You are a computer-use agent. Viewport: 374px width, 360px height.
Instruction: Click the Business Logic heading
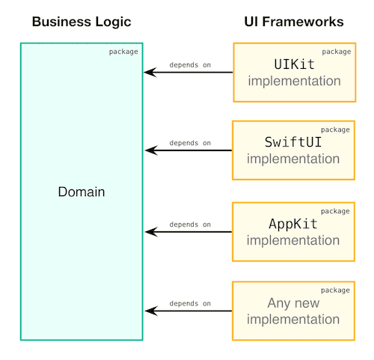click(81, 22)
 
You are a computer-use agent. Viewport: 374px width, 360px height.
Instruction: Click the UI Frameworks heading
click(294, 22)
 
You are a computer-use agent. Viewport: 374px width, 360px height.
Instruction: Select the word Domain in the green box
click(81, 192)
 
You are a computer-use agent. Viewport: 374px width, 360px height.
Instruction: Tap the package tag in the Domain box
click(123, 52)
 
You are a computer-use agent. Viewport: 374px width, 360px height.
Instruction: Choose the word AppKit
click(294, 224)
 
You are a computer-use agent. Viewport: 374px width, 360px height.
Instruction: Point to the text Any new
click(294, 304)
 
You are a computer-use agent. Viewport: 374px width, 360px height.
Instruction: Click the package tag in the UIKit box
click(336, 52)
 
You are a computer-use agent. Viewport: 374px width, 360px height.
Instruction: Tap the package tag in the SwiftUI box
click(336, 129)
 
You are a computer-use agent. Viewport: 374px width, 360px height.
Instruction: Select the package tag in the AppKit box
click(336, 210)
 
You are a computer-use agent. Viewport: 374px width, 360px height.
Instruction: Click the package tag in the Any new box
click(336, 290)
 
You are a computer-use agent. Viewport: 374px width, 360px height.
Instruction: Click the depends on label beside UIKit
click(190, 65)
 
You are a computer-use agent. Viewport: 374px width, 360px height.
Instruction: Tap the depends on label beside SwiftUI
click(190, 143)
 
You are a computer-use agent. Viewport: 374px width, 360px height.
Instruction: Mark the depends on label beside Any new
click(190, 304)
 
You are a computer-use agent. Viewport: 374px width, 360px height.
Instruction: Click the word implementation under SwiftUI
click(294, 159)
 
